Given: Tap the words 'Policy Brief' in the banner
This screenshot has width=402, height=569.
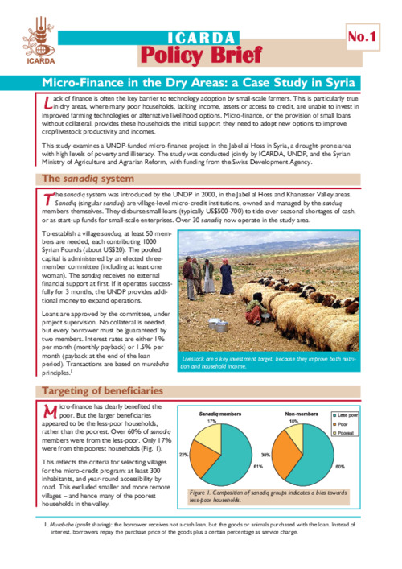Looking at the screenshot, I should coord(201,55).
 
